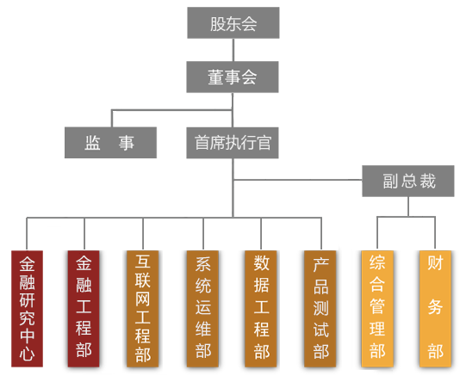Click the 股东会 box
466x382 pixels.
pyautogui.click(x=233, y=23)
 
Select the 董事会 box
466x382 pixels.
pyautogui.click(x=233, y=77)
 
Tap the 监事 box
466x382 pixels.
pyautogui.click(x=110, y=143)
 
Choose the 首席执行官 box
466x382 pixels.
pyautogui.click(x=233, y=143)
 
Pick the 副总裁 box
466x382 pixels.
pyautogui.click(x=408, y=181)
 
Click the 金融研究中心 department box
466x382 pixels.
pyautogui.click(x=27, y=309)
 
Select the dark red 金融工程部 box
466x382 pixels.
pyautogui.click(x=84, y=309)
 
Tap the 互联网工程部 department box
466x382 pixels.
pyautogui.click(x=143, y=309)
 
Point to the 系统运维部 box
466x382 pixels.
pyautogui.click(x=202, y=309)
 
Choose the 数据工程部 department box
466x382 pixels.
pyautogui.click(x=261, y=309)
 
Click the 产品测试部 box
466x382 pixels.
pyautogui.click(x=320, y=309)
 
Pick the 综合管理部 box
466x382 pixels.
pyautogui.click(x=377, y=309)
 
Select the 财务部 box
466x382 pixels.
pyautogui.click(x=435, y=309)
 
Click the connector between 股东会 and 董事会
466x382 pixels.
pyautogui.click(x=233, y=50)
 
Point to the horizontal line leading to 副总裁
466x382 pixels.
pyautogui.click(x=298, y=180)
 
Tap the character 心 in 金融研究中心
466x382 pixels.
pyautogui.click(x=27, y=354)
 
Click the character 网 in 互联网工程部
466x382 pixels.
pyautogui.click(x=143, y=299)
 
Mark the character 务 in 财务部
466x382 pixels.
pyautogui.click(x=435, y=306)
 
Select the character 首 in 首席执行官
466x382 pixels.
pyautogui.click(x=202, y=143)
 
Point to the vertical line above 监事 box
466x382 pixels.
pyautogui.click(x=112, y=119)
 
